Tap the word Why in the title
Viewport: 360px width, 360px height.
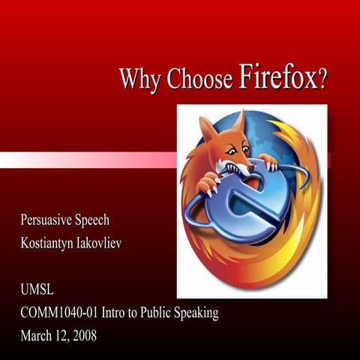point(136,79)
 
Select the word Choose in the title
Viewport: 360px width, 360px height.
point(199,79)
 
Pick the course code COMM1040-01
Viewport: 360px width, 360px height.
point(61,312)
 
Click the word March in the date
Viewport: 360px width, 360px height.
point(37,333)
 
